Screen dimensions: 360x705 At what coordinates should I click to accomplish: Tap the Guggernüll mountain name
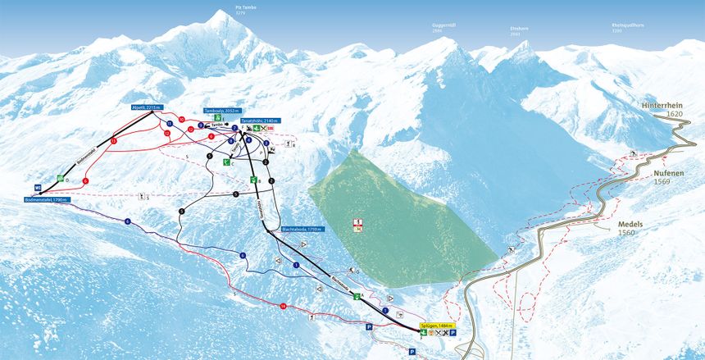[443, 25]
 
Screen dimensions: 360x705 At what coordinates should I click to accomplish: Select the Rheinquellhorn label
[627, 25]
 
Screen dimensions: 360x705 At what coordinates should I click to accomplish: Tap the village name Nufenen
[669, 174]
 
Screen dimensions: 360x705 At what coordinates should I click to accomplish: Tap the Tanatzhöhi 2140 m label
[261, 121]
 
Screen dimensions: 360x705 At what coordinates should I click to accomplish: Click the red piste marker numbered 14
[283, 306]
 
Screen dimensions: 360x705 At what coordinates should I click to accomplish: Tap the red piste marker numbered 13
[113, 143]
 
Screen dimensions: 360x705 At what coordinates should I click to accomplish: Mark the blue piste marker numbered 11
[169, 124]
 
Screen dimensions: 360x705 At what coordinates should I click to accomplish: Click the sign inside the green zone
[359, 224]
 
